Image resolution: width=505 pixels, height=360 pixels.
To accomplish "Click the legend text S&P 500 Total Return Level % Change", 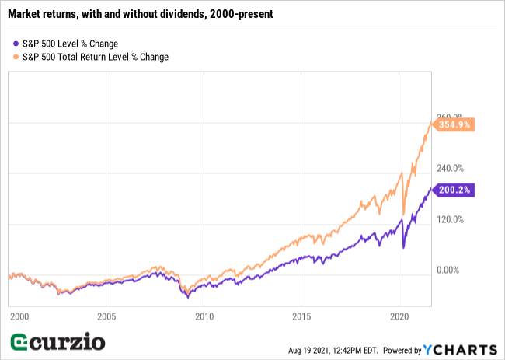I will coord(96,57).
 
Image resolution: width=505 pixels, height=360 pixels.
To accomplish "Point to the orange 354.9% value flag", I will coord(454,124).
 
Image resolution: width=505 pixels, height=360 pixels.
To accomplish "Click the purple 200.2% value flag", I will coord(454,189).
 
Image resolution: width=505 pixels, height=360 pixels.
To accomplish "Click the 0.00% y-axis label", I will coord(449,270).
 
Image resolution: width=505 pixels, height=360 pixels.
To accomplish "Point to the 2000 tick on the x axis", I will coord(19,316).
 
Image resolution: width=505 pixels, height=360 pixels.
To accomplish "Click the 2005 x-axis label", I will coord(106,316).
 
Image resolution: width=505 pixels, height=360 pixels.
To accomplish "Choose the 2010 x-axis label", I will coord(204,316).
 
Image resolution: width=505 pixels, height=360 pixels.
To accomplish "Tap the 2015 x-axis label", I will coord(301,316).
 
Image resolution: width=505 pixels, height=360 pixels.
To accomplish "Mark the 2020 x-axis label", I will coord(399,316).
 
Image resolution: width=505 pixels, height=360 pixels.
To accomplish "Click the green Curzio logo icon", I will coord(20,342).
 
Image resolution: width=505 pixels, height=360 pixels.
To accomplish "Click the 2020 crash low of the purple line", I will coord(404,248).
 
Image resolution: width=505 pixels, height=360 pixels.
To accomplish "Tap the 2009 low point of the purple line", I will coord(187,297).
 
